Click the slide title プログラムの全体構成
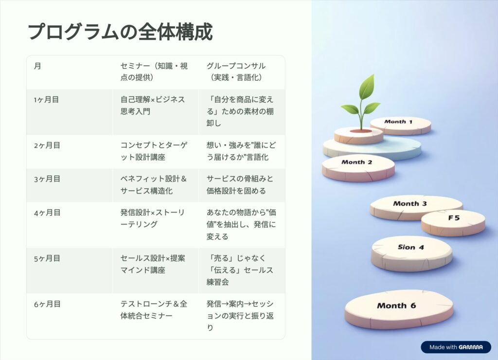[121, 32]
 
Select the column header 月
[37, 66]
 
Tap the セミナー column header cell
[154, 72]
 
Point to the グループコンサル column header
[236, 72]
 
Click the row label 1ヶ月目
[46, 100]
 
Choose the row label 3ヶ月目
[47, 179]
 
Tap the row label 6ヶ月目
[47, 304]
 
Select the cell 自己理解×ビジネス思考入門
[152, 106]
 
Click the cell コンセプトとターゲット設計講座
[154, 151]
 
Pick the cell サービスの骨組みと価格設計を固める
[240, 185]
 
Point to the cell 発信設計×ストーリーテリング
[152, 218]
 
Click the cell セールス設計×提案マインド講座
[152, 264]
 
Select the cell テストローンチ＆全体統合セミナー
[154, 310]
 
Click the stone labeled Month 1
[401, 126]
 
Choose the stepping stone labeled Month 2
[358, 168]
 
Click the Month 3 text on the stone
[409, 204]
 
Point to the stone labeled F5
[453, 223]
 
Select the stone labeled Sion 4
[412, 253]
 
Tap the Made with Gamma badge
[456, 347]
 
